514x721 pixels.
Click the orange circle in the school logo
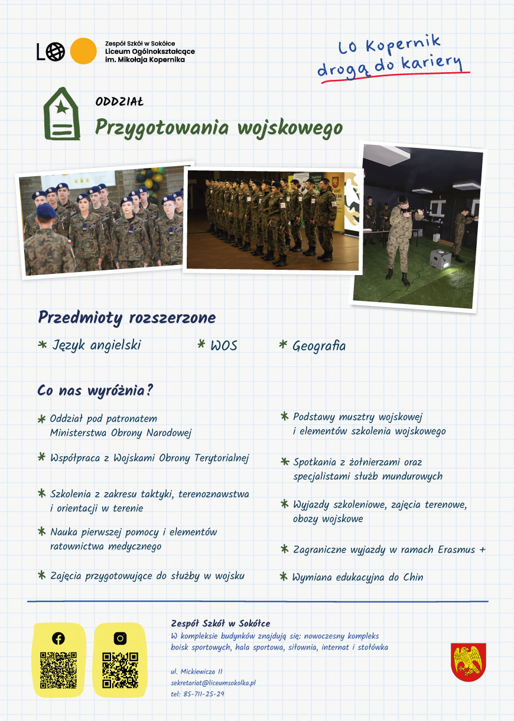tap(83, 51)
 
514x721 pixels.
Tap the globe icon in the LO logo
tap(56, 52)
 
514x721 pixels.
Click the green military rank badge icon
tap(61, 114)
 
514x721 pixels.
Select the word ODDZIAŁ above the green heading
tap(119, 101)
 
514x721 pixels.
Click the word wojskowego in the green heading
tap(290, 128)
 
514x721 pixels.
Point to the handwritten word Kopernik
tap(403, 44)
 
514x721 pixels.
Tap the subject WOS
tap(224, 345)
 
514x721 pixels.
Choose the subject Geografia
tap(319, 346)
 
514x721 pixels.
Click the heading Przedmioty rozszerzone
tap(127, 318)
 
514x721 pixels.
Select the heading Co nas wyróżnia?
tap(95, 390)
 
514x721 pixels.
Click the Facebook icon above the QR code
tap(58, 638)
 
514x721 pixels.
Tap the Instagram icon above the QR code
tap(120, 638)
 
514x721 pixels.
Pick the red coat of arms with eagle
tap(468, 662)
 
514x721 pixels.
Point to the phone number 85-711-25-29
tap(203, 694)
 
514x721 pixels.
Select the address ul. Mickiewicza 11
tap(196, 671)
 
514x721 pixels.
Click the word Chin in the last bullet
tap(413, 577)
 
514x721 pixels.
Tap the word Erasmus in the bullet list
tap(457, 549)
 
